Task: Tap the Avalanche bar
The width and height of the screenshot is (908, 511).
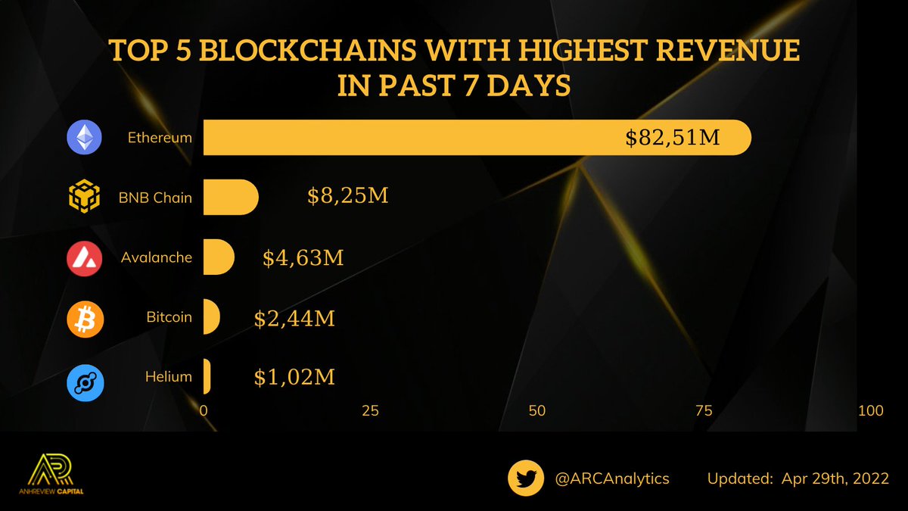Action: click(x=218, y=257)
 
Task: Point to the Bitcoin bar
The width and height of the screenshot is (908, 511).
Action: click(x=211, y=316)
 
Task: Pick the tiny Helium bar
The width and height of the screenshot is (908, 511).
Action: click(x=207, y=376)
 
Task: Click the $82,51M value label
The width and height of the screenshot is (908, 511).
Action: click(x=672, y=139)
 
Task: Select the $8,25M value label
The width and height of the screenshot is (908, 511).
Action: click(x=348, y=198)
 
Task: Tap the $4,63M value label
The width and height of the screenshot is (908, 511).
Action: click(x=303, y=257)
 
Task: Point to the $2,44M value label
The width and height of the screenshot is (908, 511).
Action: click(x=294, y=317)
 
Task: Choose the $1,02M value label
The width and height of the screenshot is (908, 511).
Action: click(x=294, y=376)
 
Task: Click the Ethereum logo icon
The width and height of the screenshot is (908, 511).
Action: click(x=86, y=139)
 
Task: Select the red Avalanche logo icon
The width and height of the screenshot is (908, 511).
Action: click(x=86, y=257)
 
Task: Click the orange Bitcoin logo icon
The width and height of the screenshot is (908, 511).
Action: click(x=86, y=317)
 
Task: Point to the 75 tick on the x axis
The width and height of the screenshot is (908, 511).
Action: click(x=704, y=411)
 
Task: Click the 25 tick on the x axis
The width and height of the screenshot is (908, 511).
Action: click(x=370, y=411)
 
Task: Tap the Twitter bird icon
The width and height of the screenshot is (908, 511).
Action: click(x=527, y=478)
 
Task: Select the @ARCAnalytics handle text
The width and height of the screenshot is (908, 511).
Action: click(x=612, y=479)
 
